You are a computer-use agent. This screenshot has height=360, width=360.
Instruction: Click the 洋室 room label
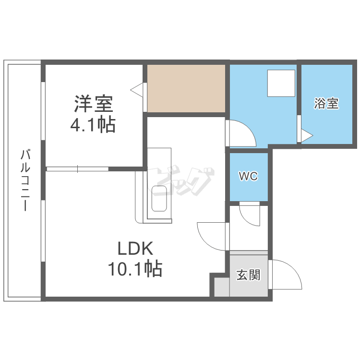[93, 104]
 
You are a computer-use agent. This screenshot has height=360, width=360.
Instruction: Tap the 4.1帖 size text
[93, 125]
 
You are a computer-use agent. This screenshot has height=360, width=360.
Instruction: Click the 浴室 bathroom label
[326, 103]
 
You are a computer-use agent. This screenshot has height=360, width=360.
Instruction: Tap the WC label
[249, 176]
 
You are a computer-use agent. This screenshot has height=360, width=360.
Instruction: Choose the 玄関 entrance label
[248, 275]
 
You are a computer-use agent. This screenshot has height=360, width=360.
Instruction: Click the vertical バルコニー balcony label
[25, 180]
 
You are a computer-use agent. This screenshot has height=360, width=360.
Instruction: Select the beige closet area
[186, 89]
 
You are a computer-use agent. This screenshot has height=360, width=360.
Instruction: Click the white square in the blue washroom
[281, 84]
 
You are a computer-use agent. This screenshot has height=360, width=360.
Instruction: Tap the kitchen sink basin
[159, 198]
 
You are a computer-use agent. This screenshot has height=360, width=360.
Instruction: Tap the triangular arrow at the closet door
[137, 89]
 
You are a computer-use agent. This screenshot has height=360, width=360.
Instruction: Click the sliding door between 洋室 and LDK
[78, 168]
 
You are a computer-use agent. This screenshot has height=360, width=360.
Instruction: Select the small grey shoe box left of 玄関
[219, 287]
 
